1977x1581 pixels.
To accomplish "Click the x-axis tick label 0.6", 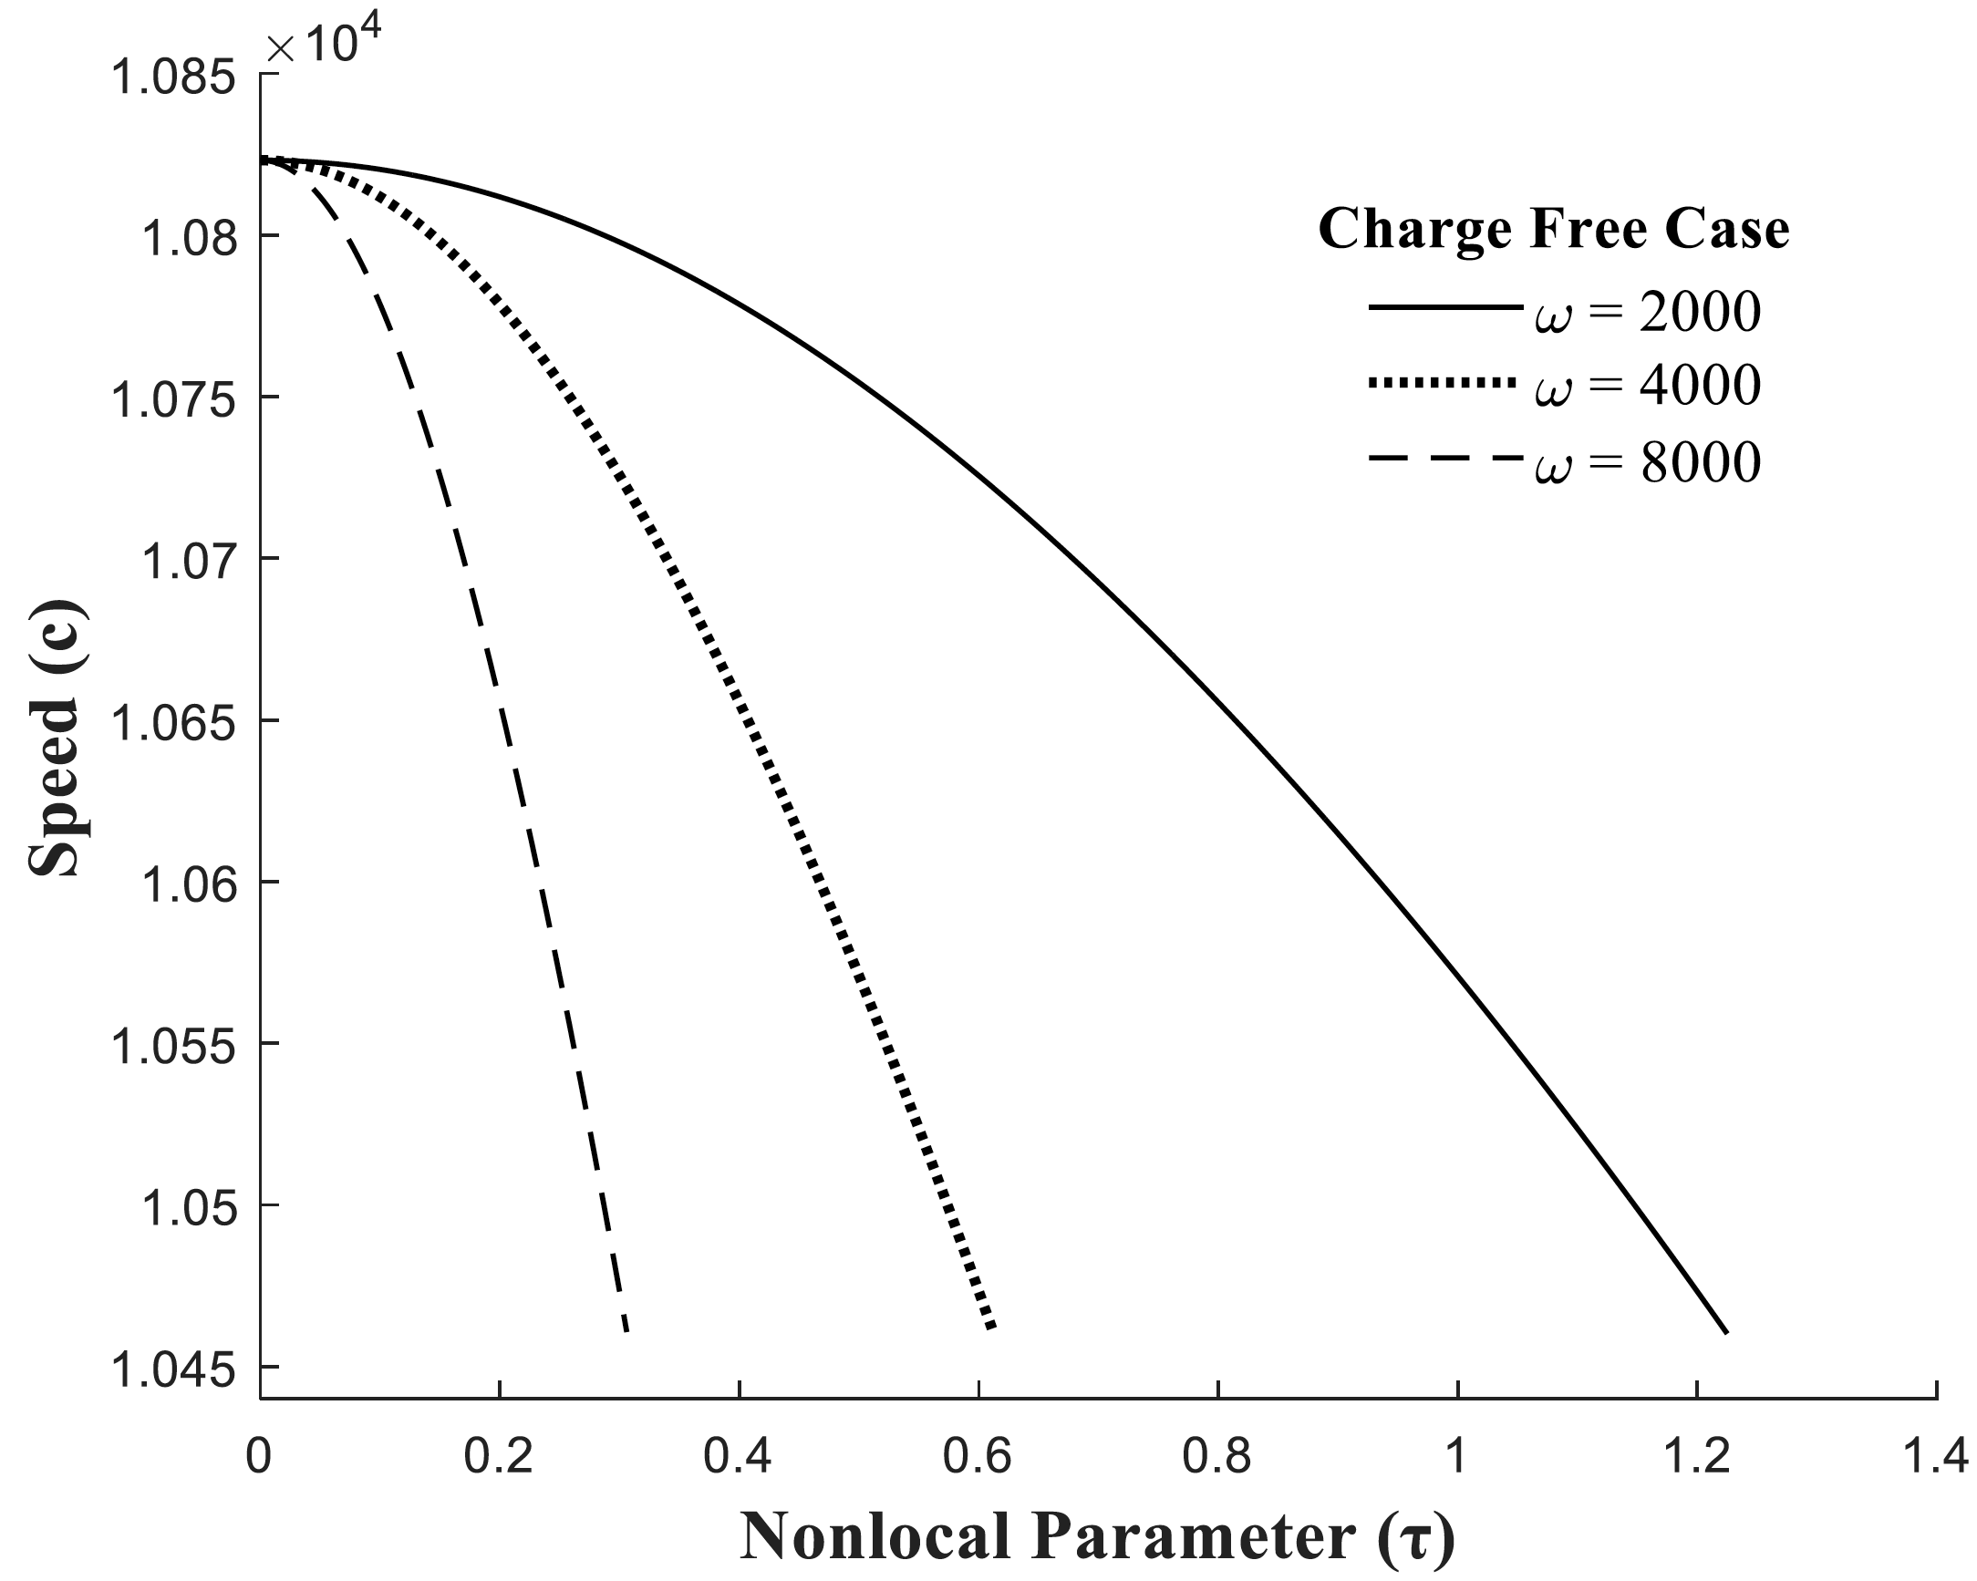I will pos(978,1457).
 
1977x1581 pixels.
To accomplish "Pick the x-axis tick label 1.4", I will pos(1935,1457).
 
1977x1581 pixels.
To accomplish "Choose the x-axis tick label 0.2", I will pos(498,1457).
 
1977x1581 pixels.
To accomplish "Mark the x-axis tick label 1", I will pos(1456,1457).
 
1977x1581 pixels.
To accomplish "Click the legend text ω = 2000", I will pos(1647,313).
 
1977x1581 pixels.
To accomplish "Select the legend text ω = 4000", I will pos(1647,386).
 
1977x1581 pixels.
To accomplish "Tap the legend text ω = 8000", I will pos(1647,462).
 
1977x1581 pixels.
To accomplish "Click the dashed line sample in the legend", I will pos(1442,458).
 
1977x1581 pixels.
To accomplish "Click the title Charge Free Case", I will pos(1553,229).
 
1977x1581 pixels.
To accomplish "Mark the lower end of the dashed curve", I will pos(626,1329).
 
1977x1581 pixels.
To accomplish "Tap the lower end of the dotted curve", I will pos(991,1326).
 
